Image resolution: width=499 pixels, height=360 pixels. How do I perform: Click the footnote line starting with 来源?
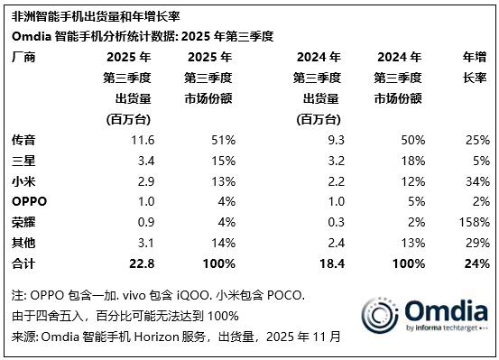[176, 337]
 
